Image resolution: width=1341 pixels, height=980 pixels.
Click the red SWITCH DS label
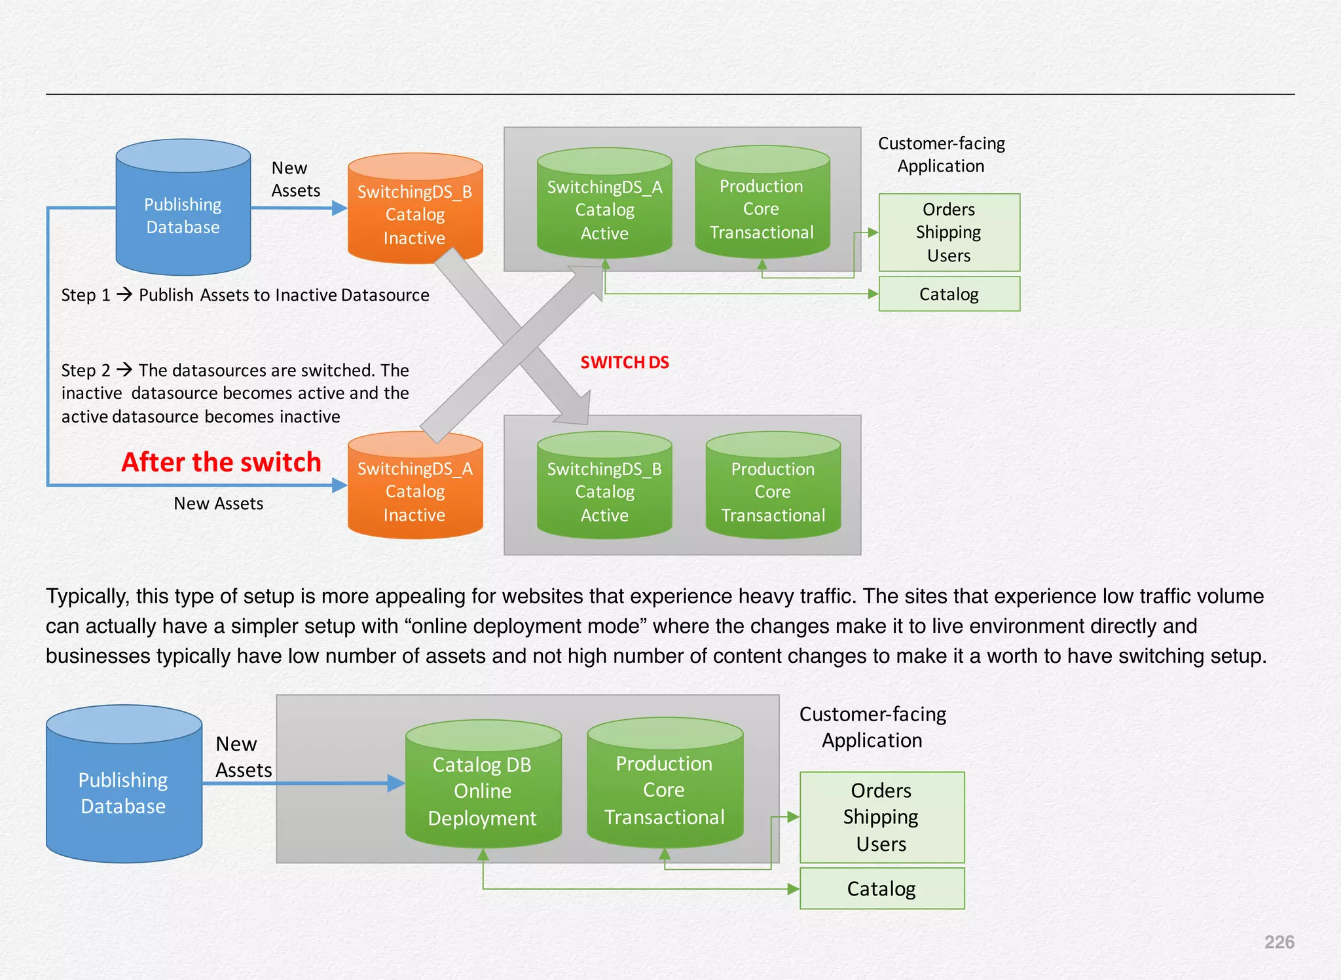tap(624, 362)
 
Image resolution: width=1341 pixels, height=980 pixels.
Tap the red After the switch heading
tap(221, 462)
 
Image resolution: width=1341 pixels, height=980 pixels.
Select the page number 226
tap(1279, 942)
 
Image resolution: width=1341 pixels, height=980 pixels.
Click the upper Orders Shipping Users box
tap(949, 232)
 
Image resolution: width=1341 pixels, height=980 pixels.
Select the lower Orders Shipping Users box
tap(881, 817)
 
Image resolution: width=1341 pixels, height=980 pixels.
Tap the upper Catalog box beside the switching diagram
tap(949, 294)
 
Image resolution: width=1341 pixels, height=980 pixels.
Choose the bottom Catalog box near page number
tap(881, 888)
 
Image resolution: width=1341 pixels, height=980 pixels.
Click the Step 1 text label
tap(85, 295)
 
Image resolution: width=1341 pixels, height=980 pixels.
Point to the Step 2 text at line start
tap(85, 371)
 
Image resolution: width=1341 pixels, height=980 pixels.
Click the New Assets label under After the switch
tap(218, 504)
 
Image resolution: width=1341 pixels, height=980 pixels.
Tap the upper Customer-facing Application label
tap(941, 155)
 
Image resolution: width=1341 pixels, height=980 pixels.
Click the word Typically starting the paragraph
tap(86, 596)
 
